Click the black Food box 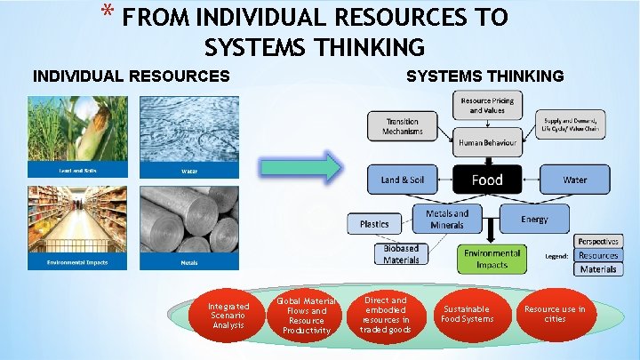click(486, 180)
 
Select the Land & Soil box click(403, 180)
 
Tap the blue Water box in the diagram click(574, 180)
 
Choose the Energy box click(534, 219)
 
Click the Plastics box click(374, 223)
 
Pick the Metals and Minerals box click(447, 219)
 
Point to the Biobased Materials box click(401, 254)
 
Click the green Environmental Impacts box click(492, 259)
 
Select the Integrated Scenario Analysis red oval click(222, 314)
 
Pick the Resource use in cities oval click(555, 313)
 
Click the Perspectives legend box click(598, 242)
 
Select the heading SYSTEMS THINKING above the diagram click(484, 76)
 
